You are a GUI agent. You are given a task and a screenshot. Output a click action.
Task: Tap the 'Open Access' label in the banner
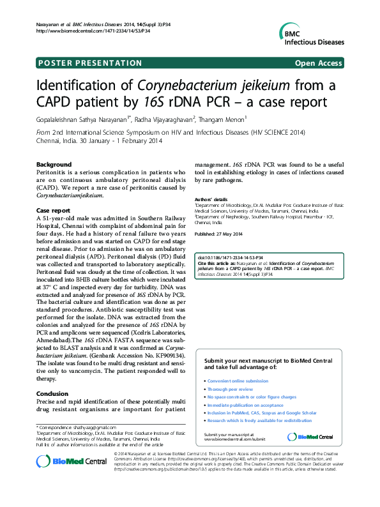pos(317,63)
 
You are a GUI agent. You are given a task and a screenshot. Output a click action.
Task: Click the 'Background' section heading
pos(54,164)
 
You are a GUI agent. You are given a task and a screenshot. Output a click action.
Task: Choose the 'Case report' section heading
pos(53,210)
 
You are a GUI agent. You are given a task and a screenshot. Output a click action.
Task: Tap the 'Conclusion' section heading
pos(52,394)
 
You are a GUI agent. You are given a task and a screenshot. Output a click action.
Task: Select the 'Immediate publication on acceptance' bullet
pos(246,405)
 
